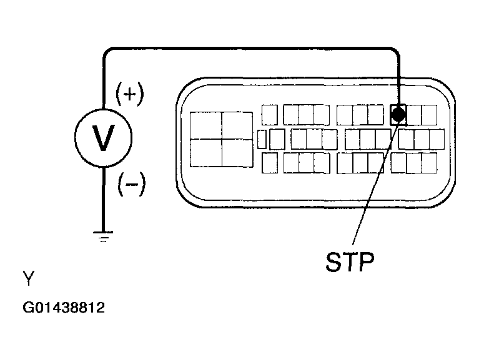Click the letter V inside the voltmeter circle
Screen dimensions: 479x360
point(103,138)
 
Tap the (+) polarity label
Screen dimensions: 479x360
point(130,94)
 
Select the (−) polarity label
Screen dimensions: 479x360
point(132,184)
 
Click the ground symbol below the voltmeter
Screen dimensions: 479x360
point(103,236)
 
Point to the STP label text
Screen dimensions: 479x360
point(350,261)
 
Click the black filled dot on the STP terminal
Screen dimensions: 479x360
point(398,114)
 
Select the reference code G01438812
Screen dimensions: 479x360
point(64,308)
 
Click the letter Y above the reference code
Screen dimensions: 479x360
point(29,278)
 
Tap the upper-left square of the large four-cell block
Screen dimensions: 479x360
point(206,125)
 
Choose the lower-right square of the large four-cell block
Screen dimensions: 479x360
point(237,153)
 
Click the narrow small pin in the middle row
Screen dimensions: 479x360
point(262,139)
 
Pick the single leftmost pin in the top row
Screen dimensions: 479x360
point(270,115)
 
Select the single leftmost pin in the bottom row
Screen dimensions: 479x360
point(270,163)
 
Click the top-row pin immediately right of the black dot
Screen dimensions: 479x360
point(414,115)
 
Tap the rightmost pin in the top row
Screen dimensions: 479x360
point(429,115)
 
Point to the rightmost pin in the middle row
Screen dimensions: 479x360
point(437,139)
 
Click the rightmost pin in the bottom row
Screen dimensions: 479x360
point(429,163)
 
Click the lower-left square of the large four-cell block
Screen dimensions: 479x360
point(206,153)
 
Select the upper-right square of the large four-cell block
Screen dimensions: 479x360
point(237,125)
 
